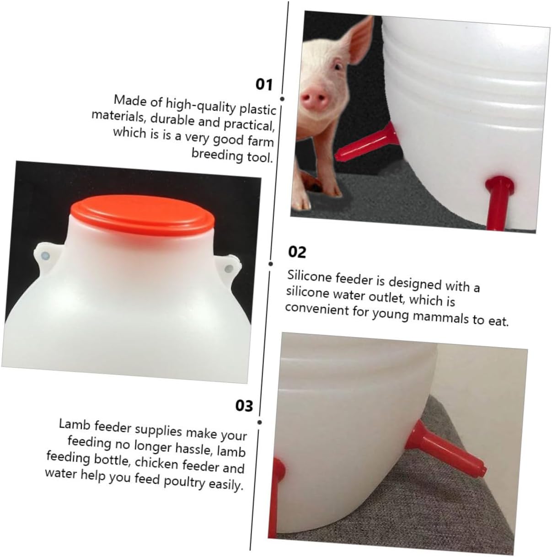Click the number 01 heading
[x=264, y=85]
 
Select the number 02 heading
[x=297, y=252]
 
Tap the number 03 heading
[x=244, y=406]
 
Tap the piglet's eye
[x=338, y=67]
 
